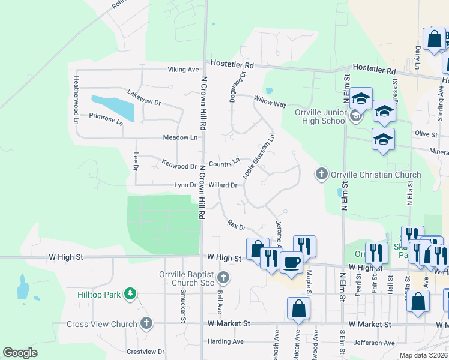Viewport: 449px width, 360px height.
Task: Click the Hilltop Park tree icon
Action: (128, 293)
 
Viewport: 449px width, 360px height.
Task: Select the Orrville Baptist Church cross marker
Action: (223, 277)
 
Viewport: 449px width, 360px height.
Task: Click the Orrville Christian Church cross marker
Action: (321, 175)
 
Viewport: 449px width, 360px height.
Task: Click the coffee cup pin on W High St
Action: (291, 262)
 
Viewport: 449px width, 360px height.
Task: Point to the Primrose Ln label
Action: (106, 118)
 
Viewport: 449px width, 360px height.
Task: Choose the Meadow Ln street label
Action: (180, 137)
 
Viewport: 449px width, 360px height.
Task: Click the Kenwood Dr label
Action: (180, 166)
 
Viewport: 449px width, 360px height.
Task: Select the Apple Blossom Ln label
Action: (259, 156)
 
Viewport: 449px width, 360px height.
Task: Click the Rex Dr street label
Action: (237, 225)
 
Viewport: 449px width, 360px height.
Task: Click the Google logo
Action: (20, 353)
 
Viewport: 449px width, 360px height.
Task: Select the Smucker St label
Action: (182, 305)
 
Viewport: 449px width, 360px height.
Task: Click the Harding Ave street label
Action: (225, 341)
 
